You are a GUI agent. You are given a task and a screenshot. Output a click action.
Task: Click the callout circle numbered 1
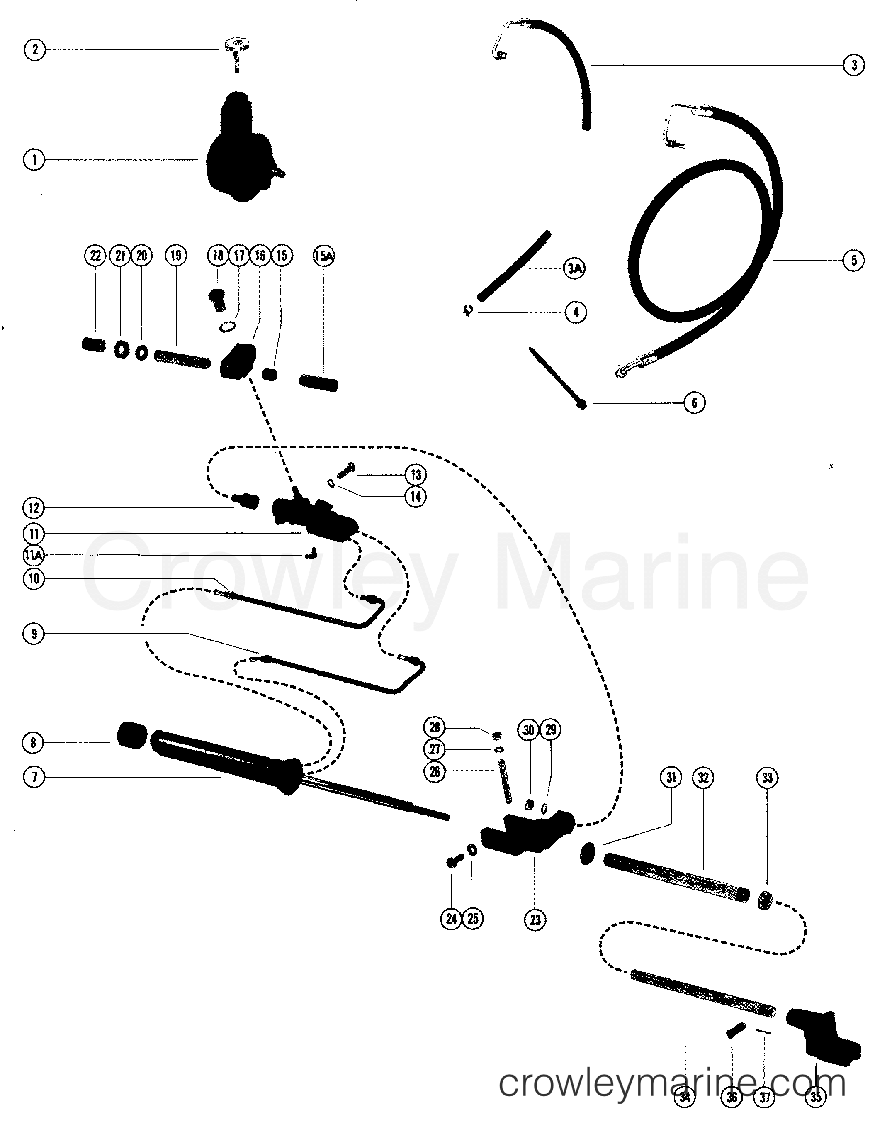34,159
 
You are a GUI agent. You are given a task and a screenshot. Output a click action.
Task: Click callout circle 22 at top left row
95,256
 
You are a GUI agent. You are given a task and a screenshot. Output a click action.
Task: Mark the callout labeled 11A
34,556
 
